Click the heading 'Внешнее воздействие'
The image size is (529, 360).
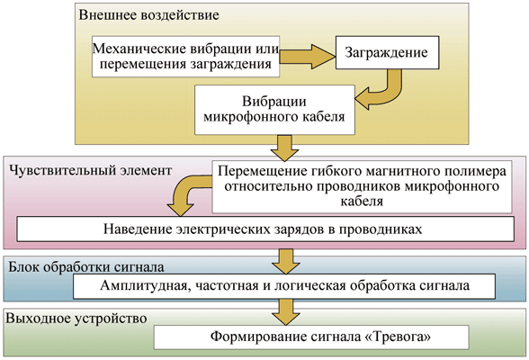click(x=148, y=15)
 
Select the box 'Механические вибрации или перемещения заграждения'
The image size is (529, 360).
click(x=186, y=57)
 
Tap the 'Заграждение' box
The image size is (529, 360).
click(x=387, y=52)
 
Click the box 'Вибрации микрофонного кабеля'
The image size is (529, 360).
click(x=274, y=110)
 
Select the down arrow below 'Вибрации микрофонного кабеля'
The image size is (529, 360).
click(x=284, y=148)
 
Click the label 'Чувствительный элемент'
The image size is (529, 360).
click(x=90, y=170)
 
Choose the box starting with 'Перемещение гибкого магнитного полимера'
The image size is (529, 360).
click(x=362, y=186)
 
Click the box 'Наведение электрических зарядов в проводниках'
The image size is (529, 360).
click(x=265, y=229)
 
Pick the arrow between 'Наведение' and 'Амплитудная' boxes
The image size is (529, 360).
click(x=286, y=262)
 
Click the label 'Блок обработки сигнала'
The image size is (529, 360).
click(x=86, y=267)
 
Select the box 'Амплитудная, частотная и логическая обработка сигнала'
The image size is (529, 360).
click(x=284, y=286)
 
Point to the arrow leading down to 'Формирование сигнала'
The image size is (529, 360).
click(x=286, y=312)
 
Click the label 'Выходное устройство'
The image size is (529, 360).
click(x=76, y=319)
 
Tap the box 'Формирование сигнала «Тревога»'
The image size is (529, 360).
click(x=311, y=337)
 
